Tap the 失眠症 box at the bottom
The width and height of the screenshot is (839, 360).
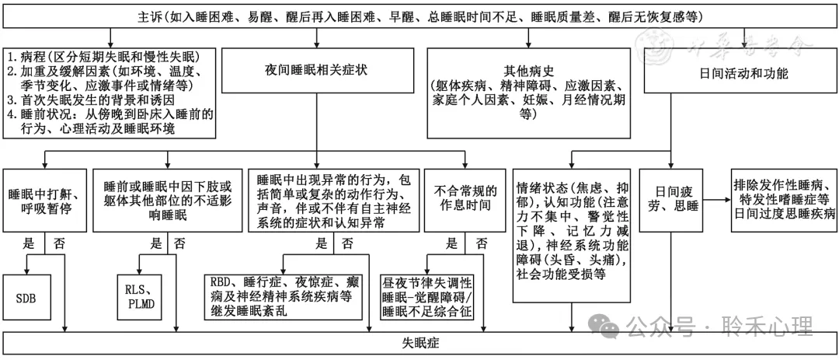pos(419,343)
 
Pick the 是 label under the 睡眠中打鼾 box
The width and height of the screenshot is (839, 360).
pos(30,243)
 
